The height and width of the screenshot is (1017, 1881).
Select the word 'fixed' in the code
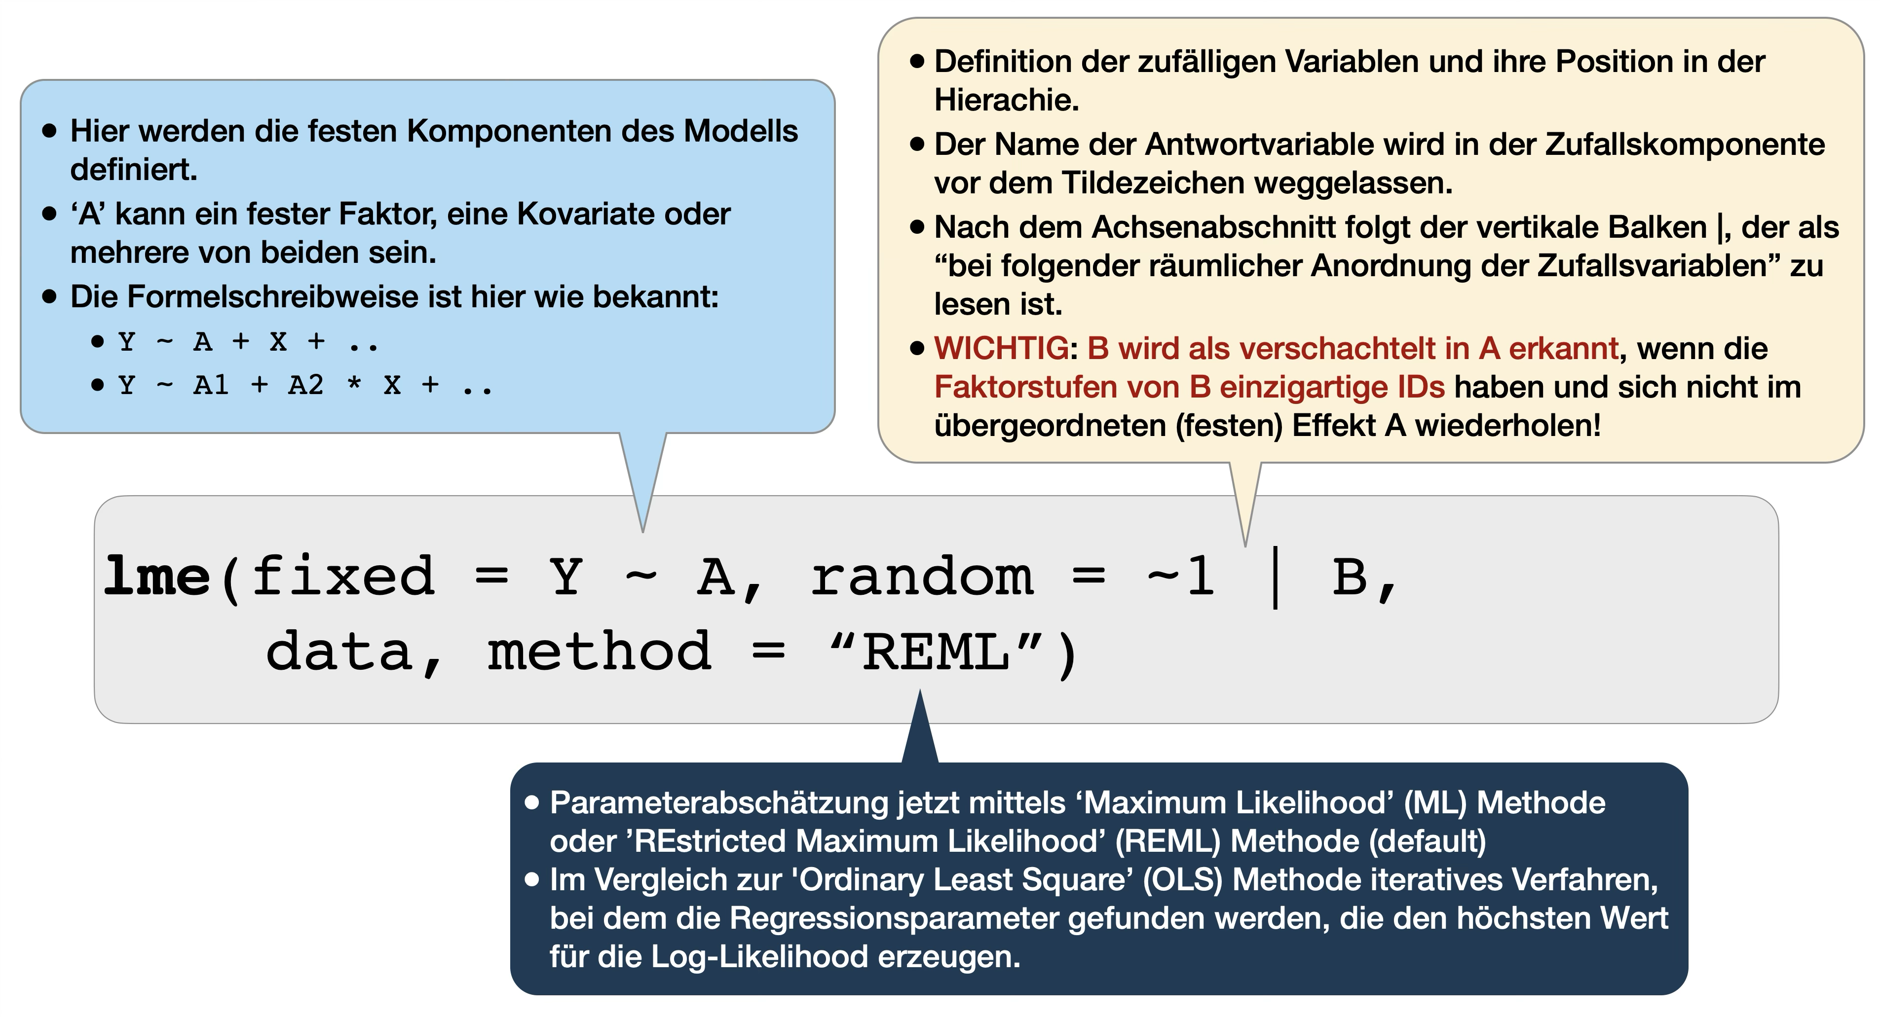(x=343, y=576)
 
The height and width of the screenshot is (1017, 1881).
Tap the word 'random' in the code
(x=922, y=576)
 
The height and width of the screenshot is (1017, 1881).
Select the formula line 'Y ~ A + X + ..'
(x=248, y=342)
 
